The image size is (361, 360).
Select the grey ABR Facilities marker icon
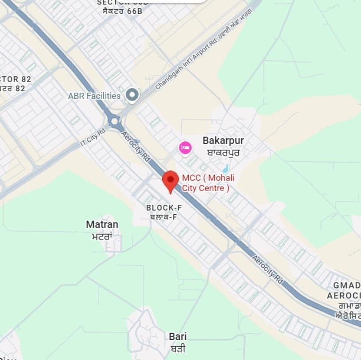coord(132,95)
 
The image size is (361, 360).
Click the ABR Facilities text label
coord(94,96)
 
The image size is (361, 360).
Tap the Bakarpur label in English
coord(223,141)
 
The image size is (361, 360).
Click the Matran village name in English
coord(102,224)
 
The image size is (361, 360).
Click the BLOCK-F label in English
coord(164,207)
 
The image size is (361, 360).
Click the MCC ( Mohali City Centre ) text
coord(208,183)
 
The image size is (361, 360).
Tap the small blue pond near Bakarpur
coord(225,168)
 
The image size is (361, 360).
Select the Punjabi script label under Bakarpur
coord(223,153)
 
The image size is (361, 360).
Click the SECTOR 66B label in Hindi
coord(120,11)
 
